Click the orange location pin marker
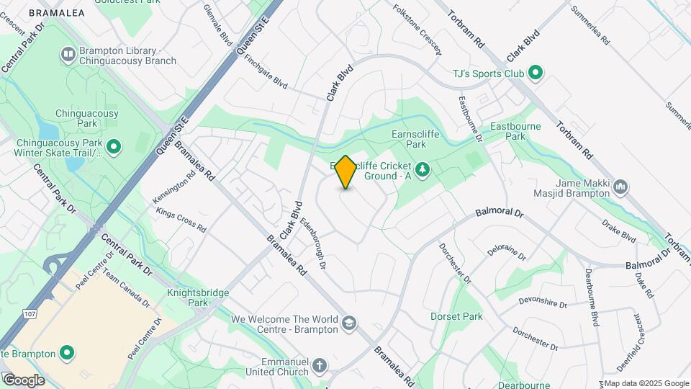pyautogui.click(x=345, y=172)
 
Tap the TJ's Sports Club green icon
pyautogui.click(x=536, y=73)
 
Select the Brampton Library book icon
pyautogui.click(x=68, y=53)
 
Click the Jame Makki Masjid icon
pyautogui.click(x=620, y=189)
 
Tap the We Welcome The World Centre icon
pyautogui.click(x=349, y=322)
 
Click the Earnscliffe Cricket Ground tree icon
pyautogui.click(x=424, y=170)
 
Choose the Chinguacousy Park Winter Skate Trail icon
pyautogui.click(x=114, y=148)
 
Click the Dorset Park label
pyautogui.click(x=456, y=316)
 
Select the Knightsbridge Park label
pyautogui.click(x=187, y=298)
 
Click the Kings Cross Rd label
pyautogui.click(x=181, y=219)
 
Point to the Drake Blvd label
pyautogui.click(x=619, y=230)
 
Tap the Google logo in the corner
pyautogui.click(x=23, y=380)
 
